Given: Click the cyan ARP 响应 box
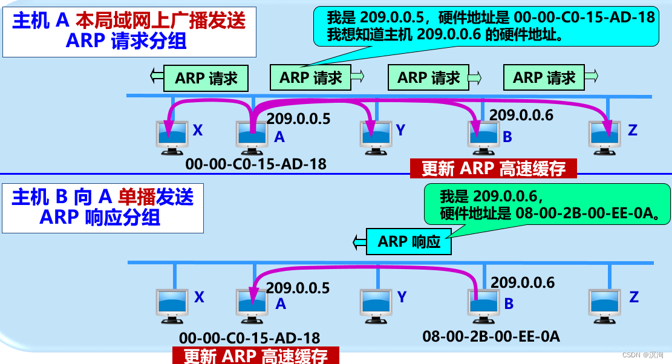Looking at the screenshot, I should [409, 241].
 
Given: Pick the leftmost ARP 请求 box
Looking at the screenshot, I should [206, 78].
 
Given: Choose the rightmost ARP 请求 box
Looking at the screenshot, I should [544, 77].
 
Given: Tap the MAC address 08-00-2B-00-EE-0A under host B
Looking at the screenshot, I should [491, 337].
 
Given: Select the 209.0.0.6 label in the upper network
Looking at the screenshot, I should [521, 115].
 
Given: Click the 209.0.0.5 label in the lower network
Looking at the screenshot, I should [298, 288].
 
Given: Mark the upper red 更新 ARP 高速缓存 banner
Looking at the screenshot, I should [494, 169].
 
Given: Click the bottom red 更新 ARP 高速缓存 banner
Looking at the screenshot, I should [256, 356].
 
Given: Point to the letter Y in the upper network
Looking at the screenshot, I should [400, 129].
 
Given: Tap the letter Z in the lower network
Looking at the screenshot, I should [633, 297].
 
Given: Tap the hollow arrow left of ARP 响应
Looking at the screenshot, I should [359, 241].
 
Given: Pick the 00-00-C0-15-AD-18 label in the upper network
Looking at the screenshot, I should [255, 164].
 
